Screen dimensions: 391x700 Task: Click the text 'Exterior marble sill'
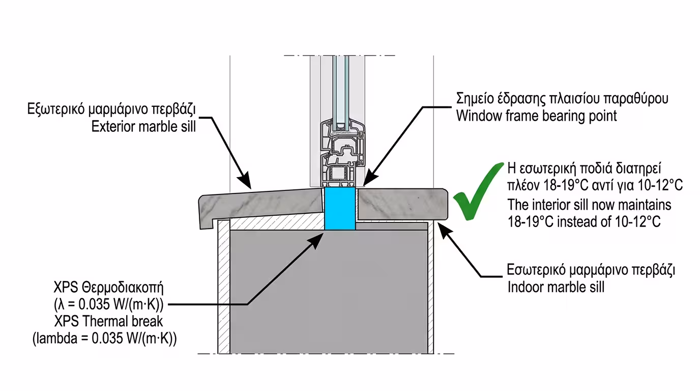coord(143,126)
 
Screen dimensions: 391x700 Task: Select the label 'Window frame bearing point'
coord(536,116)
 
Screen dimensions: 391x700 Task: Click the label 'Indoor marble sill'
coord(556,287)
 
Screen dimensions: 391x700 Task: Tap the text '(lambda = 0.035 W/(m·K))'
coord(105,339)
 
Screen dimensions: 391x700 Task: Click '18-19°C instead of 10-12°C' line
coord(584,221)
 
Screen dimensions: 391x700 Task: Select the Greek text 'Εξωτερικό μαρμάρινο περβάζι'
coord(111,109)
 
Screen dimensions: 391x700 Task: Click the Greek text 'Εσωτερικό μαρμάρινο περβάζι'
coord(591,270)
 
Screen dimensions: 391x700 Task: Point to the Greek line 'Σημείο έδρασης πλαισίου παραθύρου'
coord(562,98)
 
